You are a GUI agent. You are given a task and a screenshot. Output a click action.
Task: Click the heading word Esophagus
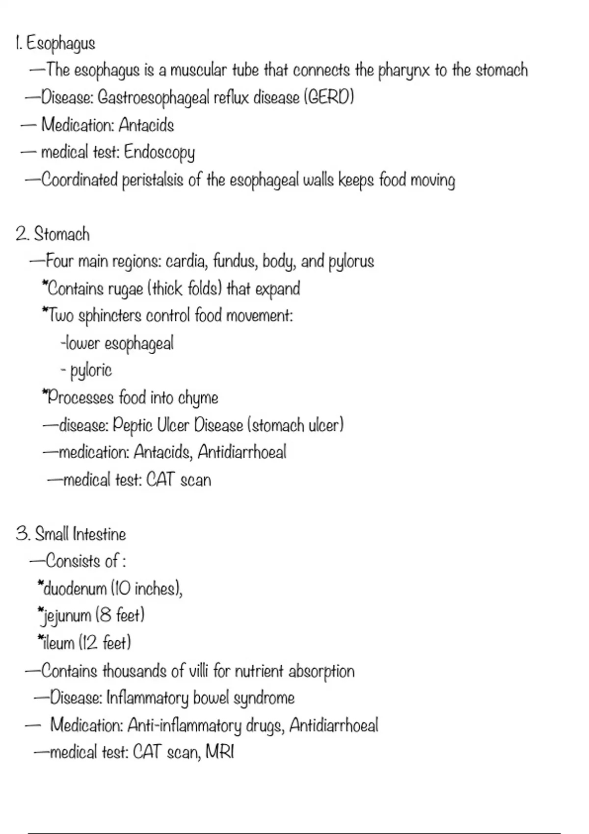(x=60, y=44)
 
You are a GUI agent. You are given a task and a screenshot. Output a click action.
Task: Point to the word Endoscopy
(x=159, y=153)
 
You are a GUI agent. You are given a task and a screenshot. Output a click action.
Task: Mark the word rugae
(x=125, y=289)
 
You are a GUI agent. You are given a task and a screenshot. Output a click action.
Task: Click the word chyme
(x=198, y=398)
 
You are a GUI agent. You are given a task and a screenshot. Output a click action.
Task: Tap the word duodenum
(x=75, y=589)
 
